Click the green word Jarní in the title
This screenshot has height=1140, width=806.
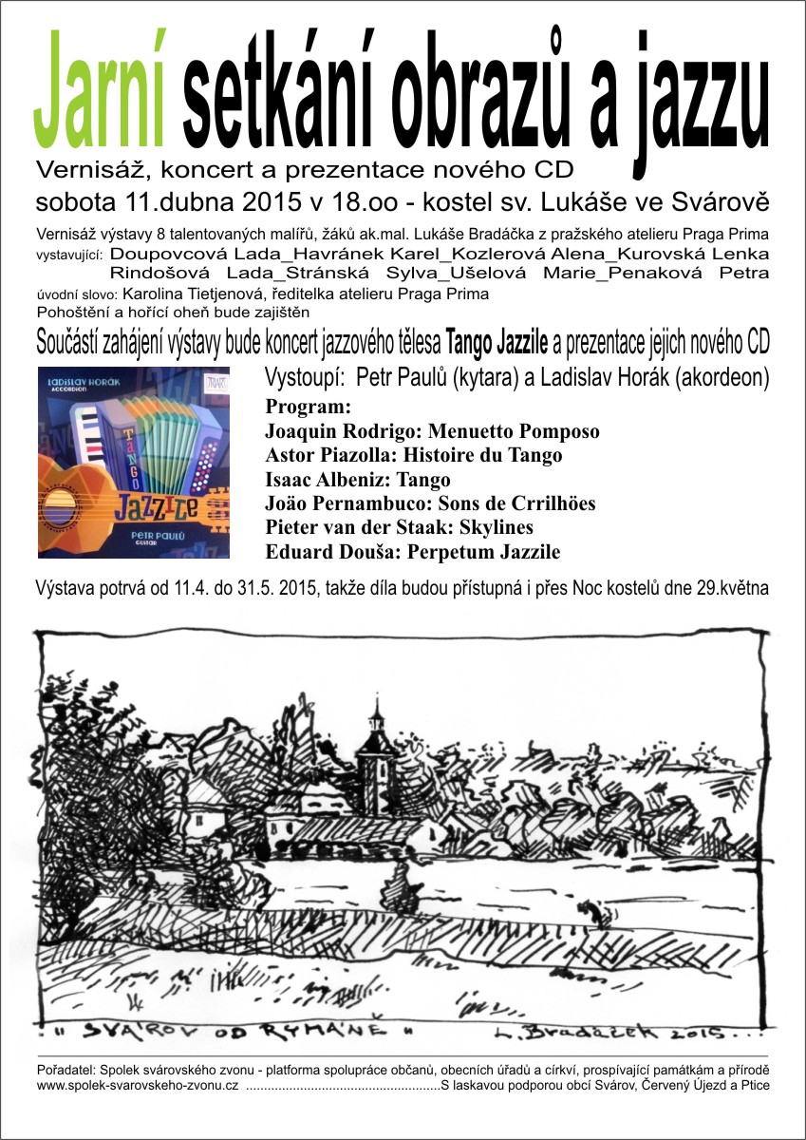click(x=101, y=93)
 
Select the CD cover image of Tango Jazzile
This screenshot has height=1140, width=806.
click(x=134, y=462)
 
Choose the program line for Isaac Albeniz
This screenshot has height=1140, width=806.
click(x=358, y=479)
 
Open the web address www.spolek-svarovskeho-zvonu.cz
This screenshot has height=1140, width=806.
click(x=137, y=1085)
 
